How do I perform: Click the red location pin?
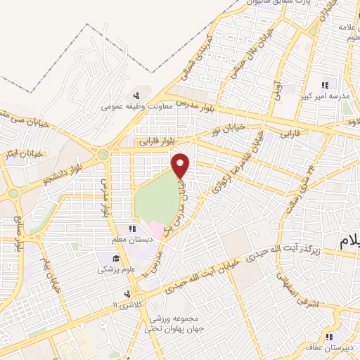181,166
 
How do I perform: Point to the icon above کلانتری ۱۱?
126,295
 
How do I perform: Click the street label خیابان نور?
226,129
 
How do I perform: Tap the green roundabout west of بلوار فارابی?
104,153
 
